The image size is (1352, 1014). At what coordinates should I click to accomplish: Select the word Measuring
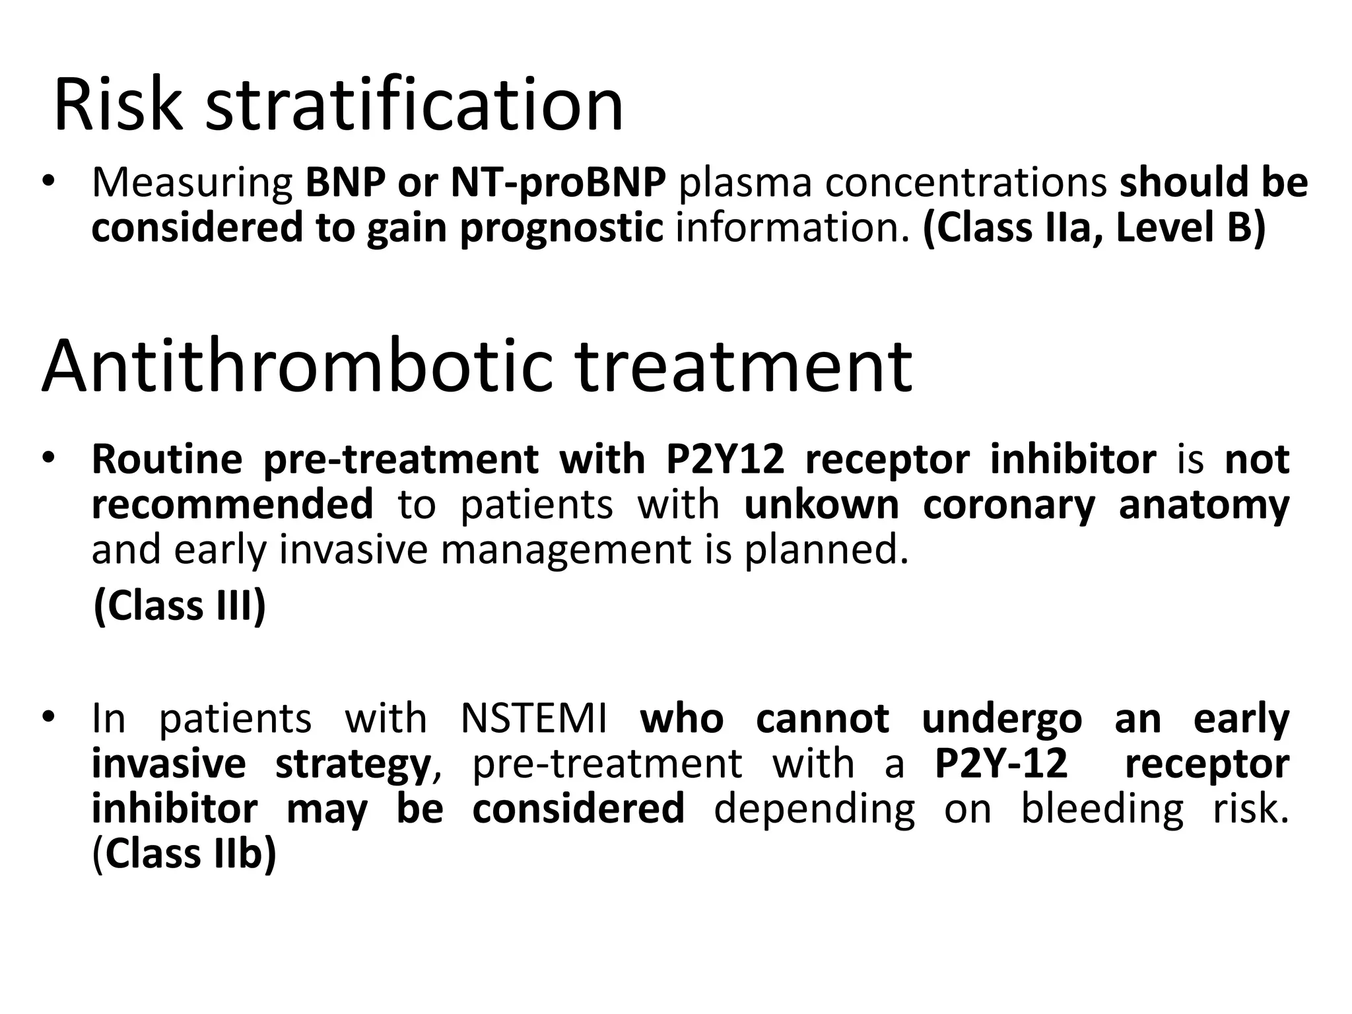192,184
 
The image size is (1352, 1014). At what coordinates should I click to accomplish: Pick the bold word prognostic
561,228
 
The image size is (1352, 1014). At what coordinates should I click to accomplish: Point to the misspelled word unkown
821,505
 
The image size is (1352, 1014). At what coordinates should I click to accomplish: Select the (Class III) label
180,605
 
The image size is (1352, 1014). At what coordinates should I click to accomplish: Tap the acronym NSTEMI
533,718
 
